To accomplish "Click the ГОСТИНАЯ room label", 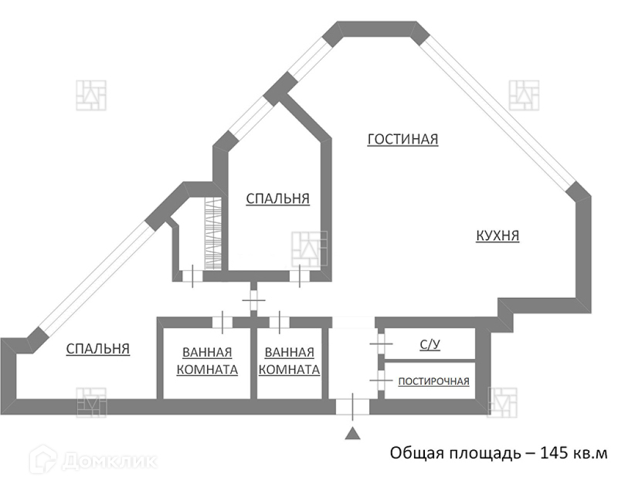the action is pos(402,140).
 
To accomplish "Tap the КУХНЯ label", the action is pos(497,236).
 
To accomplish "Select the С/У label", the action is pos(430,345).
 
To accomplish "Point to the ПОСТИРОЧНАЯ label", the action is pos(433,381).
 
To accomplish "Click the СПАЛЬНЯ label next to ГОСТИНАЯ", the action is pos(277,199).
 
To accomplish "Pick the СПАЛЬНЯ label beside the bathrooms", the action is pos(97,349).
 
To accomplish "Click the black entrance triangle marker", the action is pos(352,434).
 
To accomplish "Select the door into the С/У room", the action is pos(379,342).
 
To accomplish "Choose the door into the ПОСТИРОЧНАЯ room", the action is pos(379,379).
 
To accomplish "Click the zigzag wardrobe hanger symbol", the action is pos(212,235).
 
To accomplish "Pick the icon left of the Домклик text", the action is pos(44,461).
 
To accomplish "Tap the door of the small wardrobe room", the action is pos(192,276).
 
